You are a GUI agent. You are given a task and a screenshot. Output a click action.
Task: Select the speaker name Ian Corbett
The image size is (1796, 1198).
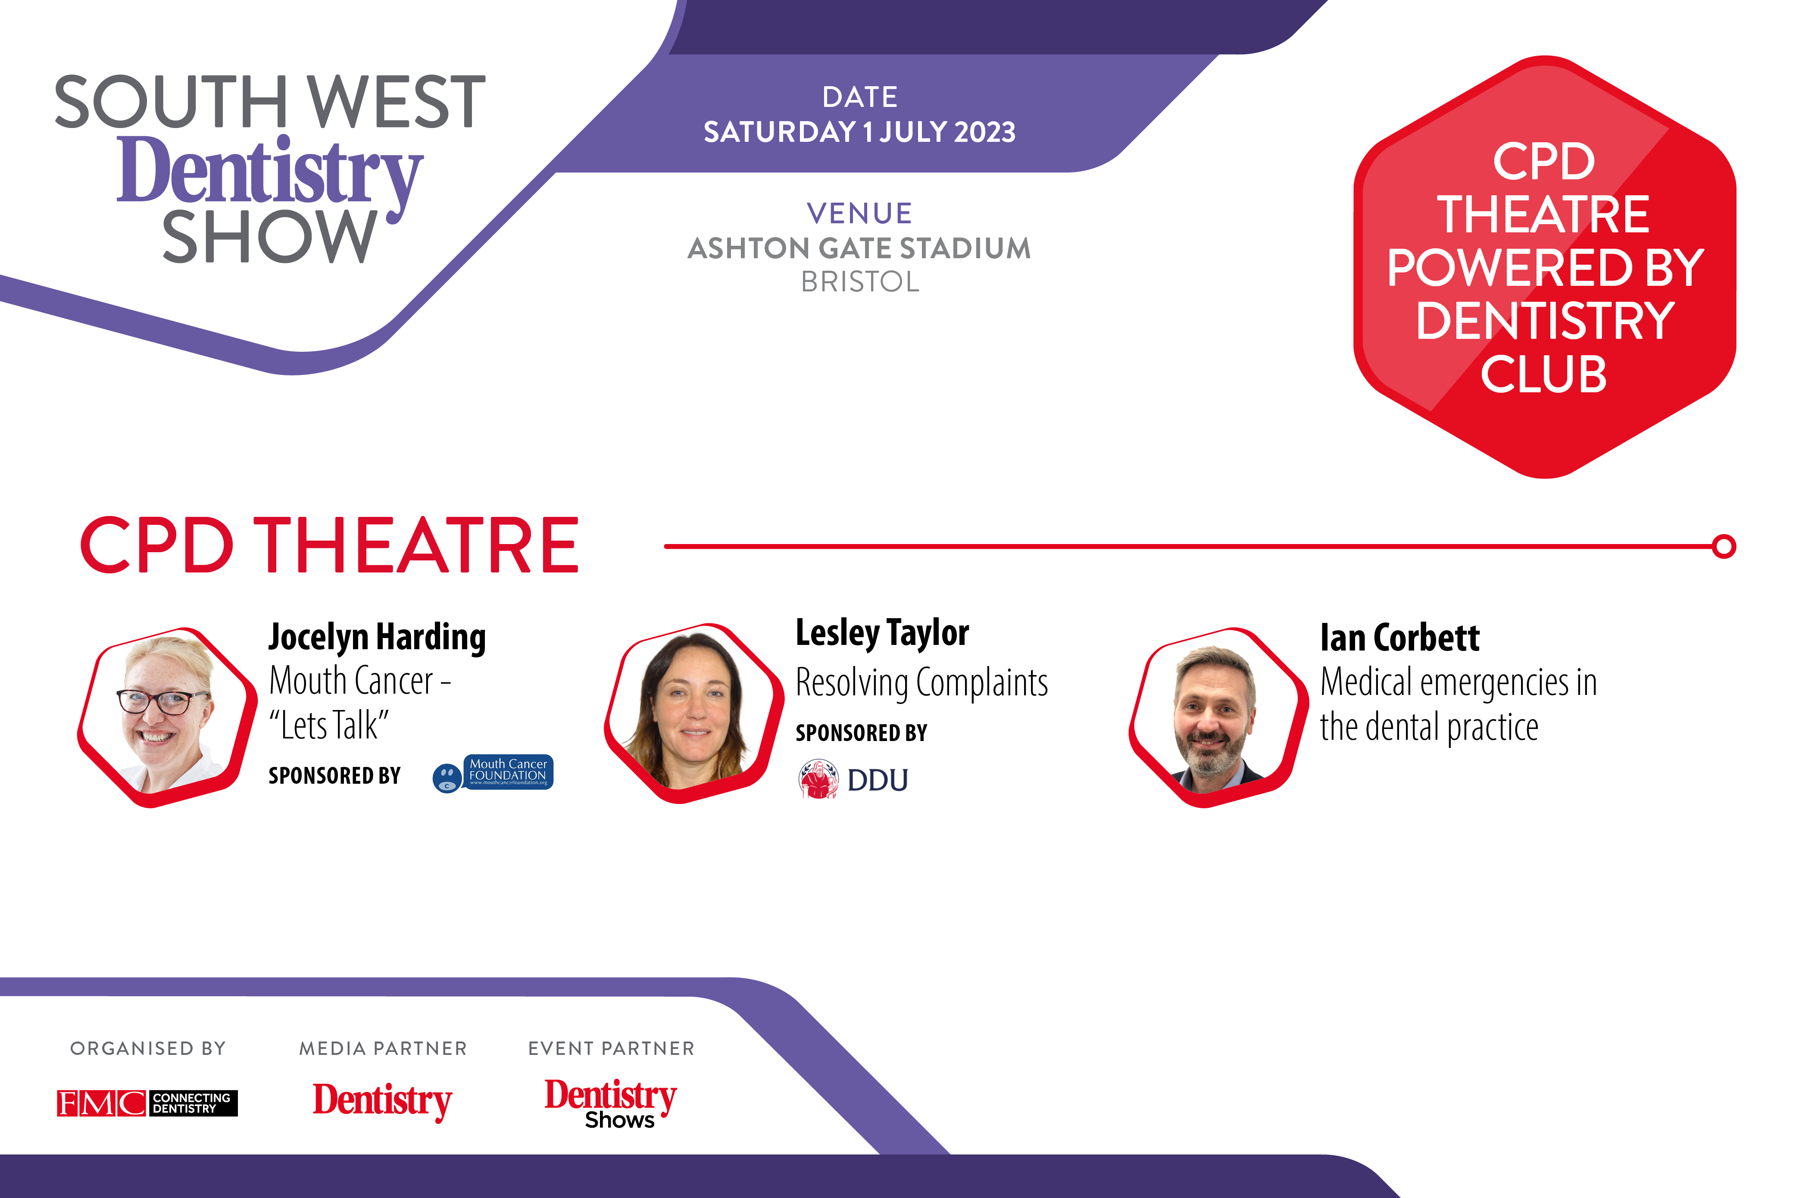tap(1399, 637)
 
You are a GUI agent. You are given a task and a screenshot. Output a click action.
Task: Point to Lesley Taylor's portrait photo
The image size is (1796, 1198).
tap(693, 713)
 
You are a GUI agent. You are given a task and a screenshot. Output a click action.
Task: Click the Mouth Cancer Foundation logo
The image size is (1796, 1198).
tap(493, 774)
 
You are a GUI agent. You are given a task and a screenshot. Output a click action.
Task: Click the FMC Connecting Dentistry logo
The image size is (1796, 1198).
tap(147, 1102)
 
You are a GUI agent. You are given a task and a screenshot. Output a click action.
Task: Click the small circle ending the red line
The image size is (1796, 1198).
tap(1724, 546)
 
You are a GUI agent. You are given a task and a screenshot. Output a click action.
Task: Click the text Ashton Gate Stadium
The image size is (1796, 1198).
tap(859, 248)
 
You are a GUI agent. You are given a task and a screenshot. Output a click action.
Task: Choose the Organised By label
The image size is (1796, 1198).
tap(148, 1048)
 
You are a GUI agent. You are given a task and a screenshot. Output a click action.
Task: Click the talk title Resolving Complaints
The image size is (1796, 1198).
tap(922, 682)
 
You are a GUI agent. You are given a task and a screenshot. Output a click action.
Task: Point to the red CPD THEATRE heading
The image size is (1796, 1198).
tap(330, 545)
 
